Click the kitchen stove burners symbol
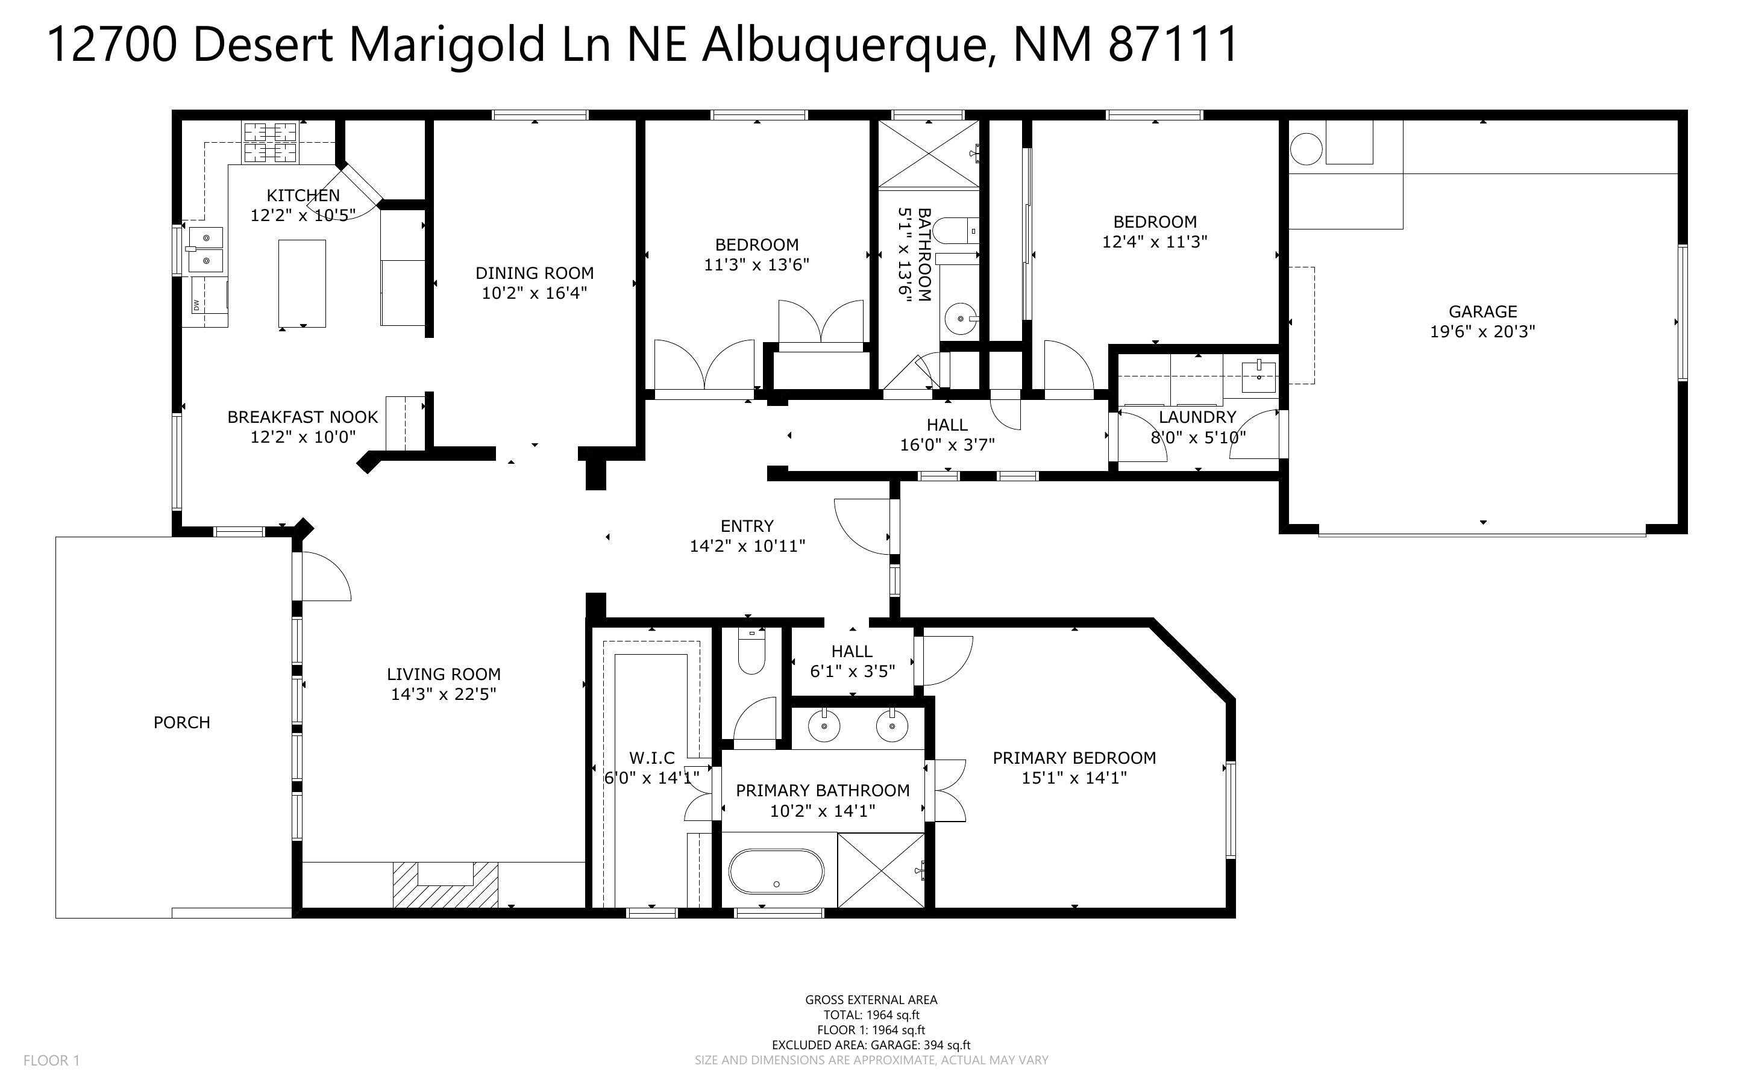click(x=270, y=143)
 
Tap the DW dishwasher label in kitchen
click(x=196, y=305)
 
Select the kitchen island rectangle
click(x=302, y=284)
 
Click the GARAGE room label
click(x=1482, y=312)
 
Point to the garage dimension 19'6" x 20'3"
click(x=1482, y=332)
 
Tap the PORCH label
click(x=181, y=722)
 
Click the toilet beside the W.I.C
click(x=751, y=652)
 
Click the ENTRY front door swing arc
click(x=863, y=526)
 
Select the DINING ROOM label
click(x=535, y=273)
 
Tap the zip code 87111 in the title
click(x=1172, y=45)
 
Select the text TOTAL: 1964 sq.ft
click(x=871, y=1016)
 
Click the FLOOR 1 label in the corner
click(x=52, y=1060)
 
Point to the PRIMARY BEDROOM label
click(x=1074, y=758)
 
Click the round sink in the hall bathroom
click(x=960, y=317)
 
